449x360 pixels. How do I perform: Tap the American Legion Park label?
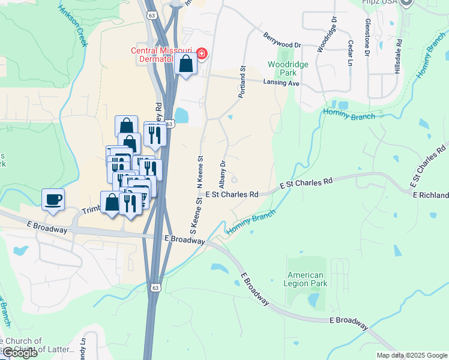305,279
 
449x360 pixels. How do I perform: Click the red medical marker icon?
202,55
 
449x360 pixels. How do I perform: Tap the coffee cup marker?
53,199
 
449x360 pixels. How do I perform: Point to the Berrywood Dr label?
281,40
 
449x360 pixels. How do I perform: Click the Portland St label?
243,82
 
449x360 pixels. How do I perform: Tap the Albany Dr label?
223,172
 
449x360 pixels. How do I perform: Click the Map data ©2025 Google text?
411,355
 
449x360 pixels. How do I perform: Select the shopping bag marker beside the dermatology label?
186,64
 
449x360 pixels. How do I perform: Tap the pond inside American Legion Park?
313,300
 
